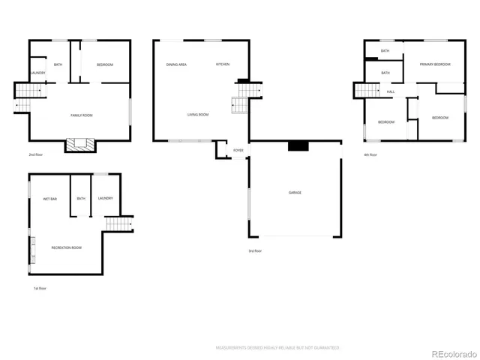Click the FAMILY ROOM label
[x=81, y=115]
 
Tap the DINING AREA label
[x=176, y=64]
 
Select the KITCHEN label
[x=223, y=64]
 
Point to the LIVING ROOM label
[x=198, y=115]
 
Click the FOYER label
[x=238, y=150]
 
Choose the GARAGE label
[x=295, y=193]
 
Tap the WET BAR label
[x=49, y=199]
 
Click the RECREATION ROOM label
[x=66, y=247]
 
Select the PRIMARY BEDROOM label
[x=435, y=64]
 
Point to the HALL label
[x=391, y=91]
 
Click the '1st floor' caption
[x=40, y=288]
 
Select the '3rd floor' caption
[x=256, y=250]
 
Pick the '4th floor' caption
[x=370, y=154]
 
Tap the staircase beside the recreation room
[x=118, y=223]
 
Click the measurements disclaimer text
[x=277, y=348]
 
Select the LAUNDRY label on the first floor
[x=105, y=199]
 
